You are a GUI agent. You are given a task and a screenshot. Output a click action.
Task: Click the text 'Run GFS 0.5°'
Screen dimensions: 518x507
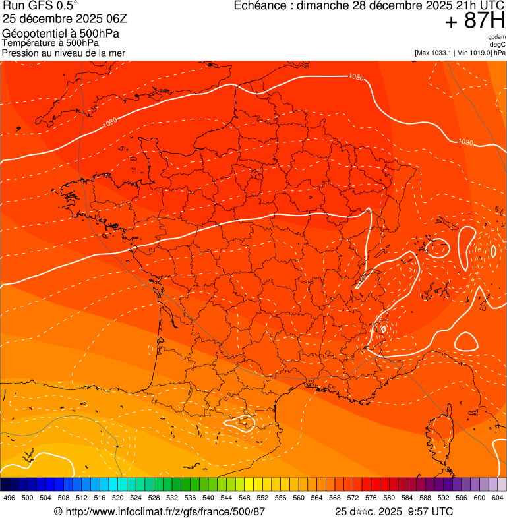coord(40,6)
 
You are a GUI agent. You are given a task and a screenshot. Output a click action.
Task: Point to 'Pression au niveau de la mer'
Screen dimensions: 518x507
coord(63,53)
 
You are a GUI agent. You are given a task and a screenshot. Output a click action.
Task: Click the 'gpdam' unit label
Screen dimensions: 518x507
coord(496,37)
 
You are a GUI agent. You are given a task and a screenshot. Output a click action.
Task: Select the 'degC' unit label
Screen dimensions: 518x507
coord(498,44)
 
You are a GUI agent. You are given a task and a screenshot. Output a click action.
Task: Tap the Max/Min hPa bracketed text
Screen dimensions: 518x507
coord(460,52)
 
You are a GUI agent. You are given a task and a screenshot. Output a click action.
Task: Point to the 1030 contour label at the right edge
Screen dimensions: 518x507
coord(465,142)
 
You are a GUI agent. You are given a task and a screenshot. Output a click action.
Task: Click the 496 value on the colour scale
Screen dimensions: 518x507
coord(9,498)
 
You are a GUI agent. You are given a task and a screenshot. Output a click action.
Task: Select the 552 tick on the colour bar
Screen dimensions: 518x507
coord(262,498)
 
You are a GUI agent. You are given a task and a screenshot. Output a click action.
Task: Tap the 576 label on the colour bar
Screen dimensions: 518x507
coord(371,498)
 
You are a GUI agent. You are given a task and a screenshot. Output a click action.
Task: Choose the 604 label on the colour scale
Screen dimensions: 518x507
coord(497,498)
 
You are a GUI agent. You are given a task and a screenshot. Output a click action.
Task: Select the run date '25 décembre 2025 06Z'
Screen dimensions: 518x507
coord(70,18)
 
